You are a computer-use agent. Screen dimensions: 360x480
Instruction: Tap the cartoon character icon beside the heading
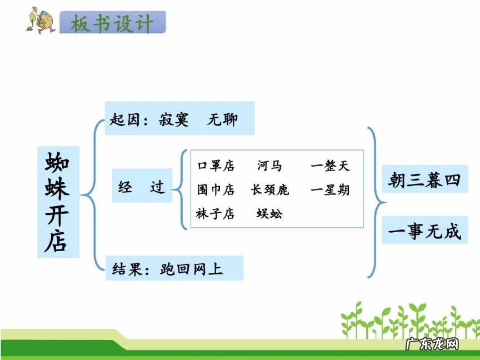(x=39, y=21)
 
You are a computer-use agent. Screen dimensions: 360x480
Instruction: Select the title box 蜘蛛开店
(x=58, y=202)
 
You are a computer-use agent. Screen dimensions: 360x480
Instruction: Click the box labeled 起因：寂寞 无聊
(x=179, y=118)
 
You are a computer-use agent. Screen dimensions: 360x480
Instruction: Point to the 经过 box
(x=142, y=187)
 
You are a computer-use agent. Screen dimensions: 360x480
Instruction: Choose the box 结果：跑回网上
(x=174, y=268)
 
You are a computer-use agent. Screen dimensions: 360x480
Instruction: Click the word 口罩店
(x=216, y=166)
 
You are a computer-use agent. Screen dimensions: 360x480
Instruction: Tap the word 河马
(x=269, y=166)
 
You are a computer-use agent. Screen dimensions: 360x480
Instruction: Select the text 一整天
(x=330, y=166)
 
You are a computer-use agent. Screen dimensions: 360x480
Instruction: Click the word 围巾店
(x=216, y=189)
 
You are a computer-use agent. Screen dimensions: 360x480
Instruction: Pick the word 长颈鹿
(x=270, y=189)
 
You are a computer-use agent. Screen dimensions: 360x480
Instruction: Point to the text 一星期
(x=330, y=189)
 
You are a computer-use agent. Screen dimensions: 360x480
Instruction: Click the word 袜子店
(x=216, y=213)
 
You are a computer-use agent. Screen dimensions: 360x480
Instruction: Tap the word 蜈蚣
(x=269, y=213)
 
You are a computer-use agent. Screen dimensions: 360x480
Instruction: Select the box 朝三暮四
(x=424, y=181)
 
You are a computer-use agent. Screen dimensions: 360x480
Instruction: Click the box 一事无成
(x=424, y=231)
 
